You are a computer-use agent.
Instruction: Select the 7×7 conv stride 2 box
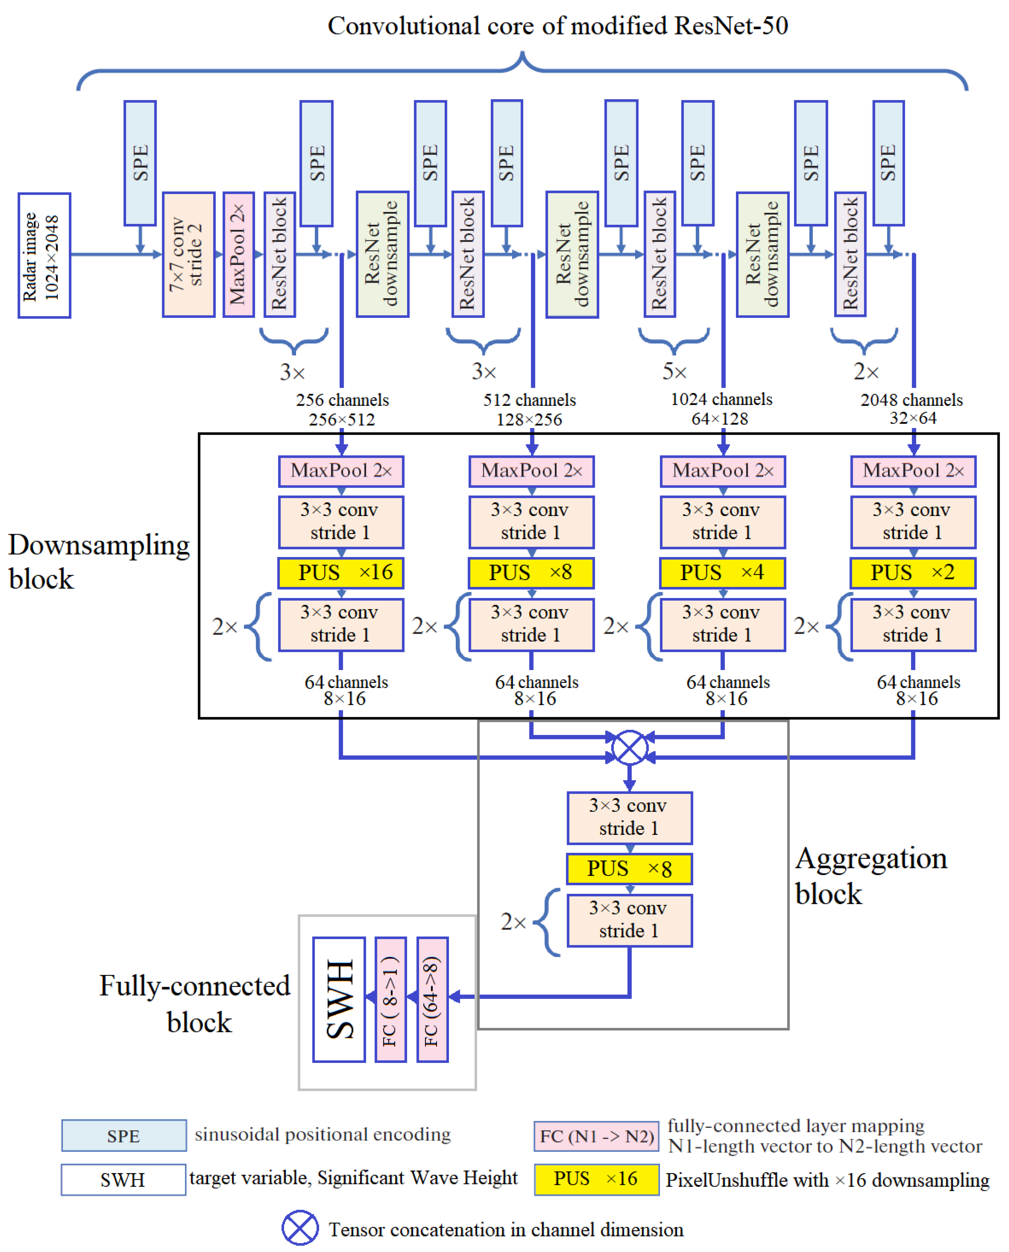point(188,255)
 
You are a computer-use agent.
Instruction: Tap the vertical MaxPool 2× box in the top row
point(238,255)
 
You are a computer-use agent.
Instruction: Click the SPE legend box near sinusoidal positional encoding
point(124,1135)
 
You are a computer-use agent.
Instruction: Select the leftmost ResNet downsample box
point(382,255)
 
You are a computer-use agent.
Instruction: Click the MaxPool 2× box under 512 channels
point(531,471)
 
